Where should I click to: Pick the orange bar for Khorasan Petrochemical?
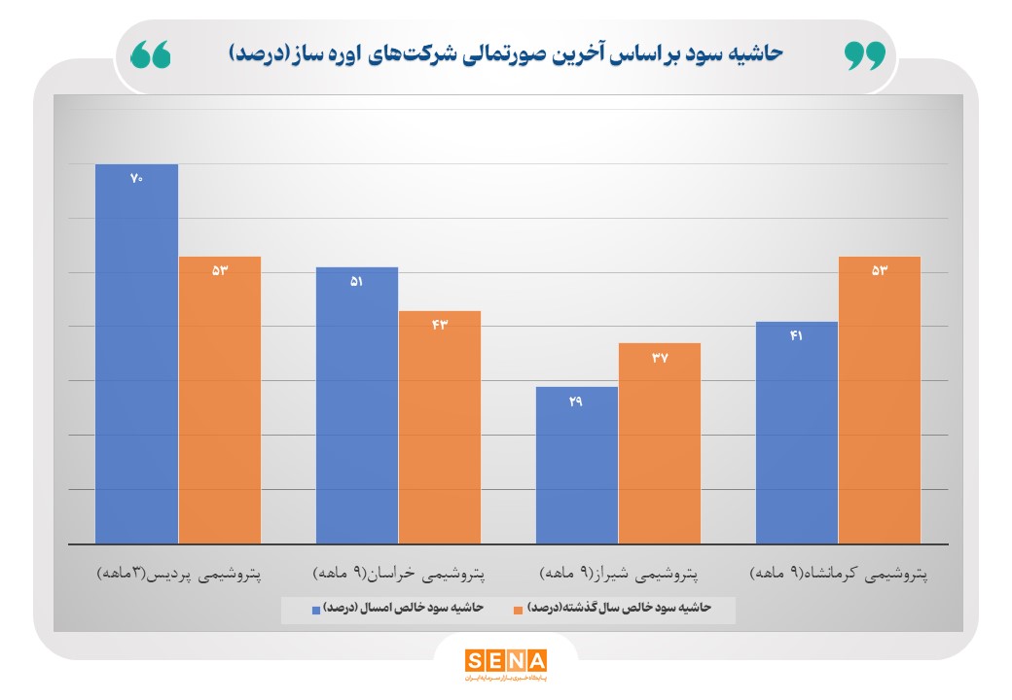pos(440,428)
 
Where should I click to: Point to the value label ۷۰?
pos(136,178)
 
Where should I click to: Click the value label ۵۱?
pos(356,281)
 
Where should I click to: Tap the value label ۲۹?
pos(577,401)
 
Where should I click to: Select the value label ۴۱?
pos(797,335)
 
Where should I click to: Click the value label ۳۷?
pos(660,357)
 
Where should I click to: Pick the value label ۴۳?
pos(440,324)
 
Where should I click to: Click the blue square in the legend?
pos(316,610)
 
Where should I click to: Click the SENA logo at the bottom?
pos(505,661)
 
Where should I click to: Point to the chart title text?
pos(506,53)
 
